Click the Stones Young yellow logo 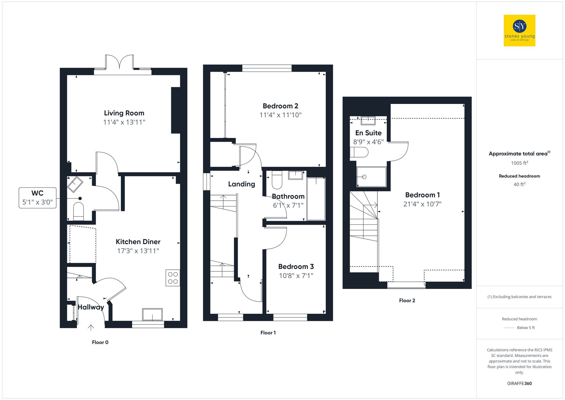(519, 31)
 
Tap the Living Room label (124, 113)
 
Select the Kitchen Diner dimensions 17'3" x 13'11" (138, 251)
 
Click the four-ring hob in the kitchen (173, 278)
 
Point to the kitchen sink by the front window (152, 314)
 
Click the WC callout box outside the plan (38, 198)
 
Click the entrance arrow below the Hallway (91, 328)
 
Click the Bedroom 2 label (280, 106)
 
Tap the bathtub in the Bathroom (316, 199)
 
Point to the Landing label (242, 184)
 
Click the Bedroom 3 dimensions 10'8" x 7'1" (296, 276)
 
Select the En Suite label (368, 133)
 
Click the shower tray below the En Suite (371, 177)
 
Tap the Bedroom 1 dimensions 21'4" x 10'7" (422, 204)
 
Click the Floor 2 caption (407, 300)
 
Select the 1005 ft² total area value (519, 163)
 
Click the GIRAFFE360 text (519, 383)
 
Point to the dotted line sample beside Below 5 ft (509, 328)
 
